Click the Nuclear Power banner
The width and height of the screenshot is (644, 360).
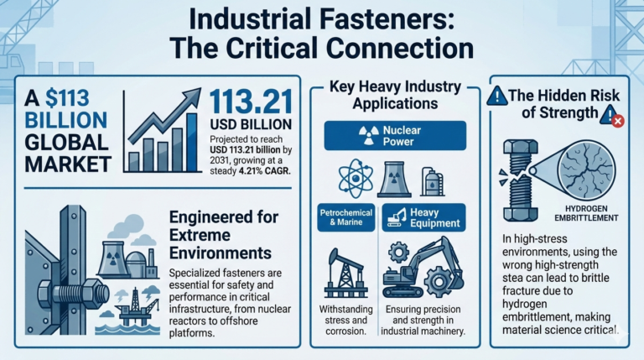(x=394, y=136)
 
